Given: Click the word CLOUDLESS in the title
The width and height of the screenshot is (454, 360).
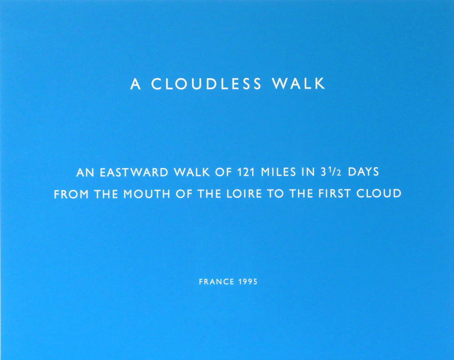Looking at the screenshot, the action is coord(206,83).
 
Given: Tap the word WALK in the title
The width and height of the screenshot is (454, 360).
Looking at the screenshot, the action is coord(298,83).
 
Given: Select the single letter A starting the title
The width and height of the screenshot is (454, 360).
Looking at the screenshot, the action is coord(136,84).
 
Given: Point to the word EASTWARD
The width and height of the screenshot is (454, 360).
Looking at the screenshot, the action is coord(134,172).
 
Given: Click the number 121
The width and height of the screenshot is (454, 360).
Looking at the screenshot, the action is coord(246,172).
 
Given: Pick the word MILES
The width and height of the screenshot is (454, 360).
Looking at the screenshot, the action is coord(278,172).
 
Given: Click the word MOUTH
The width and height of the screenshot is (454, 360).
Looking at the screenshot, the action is coord(147,194).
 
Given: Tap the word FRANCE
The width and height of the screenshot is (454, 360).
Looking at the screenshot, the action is coord(217,282).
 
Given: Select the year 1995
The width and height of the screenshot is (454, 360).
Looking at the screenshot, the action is coord(248,282).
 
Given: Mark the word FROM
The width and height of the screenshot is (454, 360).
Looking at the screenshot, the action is coord(71,194).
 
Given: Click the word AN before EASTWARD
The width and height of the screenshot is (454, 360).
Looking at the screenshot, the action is coord(85,173).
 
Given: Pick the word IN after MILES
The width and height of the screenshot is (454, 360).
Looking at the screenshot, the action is coord(308,172).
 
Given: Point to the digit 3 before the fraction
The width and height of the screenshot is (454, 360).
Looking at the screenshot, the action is coord(324,172).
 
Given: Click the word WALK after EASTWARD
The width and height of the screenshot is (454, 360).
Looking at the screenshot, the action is coord(192,172).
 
